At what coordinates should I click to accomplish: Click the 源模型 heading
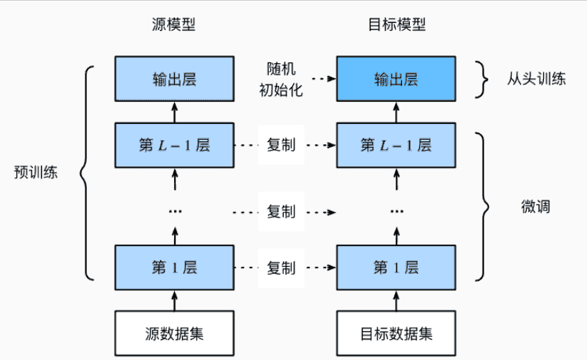click(x=173, y=24)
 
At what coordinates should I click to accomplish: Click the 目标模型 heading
click(x=397, y=24)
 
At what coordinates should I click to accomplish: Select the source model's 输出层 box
click(x=174, y=79)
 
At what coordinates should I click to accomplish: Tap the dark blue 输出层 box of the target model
click(x=396, y=79)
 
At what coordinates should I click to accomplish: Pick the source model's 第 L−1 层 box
click(x=174, y=145)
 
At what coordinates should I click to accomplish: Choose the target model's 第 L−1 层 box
click(x=396, y=145)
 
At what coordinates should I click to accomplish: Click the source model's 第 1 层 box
click(x=174, y=267)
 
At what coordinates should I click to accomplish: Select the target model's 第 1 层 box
click(x=396, y=267)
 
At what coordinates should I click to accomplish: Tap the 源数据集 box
click(x=174, y=333)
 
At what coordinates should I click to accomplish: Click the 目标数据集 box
click(x=396, y=333)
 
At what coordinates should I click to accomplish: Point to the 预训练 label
click(x=36, y=172)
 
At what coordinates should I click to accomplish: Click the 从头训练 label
click(x=536, y=79)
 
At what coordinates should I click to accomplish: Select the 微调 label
click(x=535, y=207)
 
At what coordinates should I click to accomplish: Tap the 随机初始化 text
click(x=281, y=79)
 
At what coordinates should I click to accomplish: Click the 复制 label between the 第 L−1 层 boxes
click(x=281, y=145)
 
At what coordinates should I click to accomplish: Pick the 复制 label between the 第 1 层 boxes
click(x=281, y=267)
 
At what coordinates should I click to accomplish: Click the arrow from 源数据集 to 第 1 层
click(x=174, y=300)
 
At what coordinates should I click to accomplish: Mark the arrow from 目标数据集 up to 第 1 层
click(x=396, y=300)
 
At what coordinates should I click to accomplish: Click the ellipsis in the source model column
click(x=175, y=212)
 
